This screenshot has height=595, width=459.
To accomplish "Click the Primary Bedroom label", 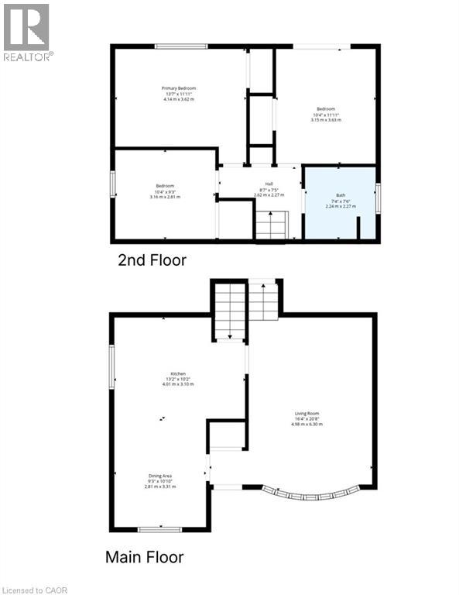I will (x=179, y=89).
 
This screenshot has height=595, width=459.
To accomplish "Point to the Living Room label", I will (x=306, y=413).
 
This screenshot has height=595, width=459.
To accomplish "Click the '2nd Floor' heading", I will (x=152, y=260).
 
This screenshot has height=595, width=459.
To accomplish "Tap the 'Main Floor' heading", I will (x=145, y=556).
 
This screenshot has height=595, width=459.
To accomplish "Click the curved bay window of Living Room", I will (x=310, y=494).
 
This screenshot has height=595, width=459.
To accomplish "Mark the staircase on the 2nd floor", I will (x=271, y=225).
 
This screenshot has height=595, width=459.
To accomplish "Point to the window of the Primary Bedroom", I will (x=180, y=47).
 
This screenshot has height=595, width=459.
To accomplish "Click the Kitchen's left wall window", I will (x=112, y=367).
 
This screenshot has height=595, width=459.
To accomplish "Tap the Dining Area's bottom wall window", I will (x=159, y=529).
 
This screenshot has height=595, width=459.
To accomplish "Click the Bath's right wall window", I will (x=378, y=197).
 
